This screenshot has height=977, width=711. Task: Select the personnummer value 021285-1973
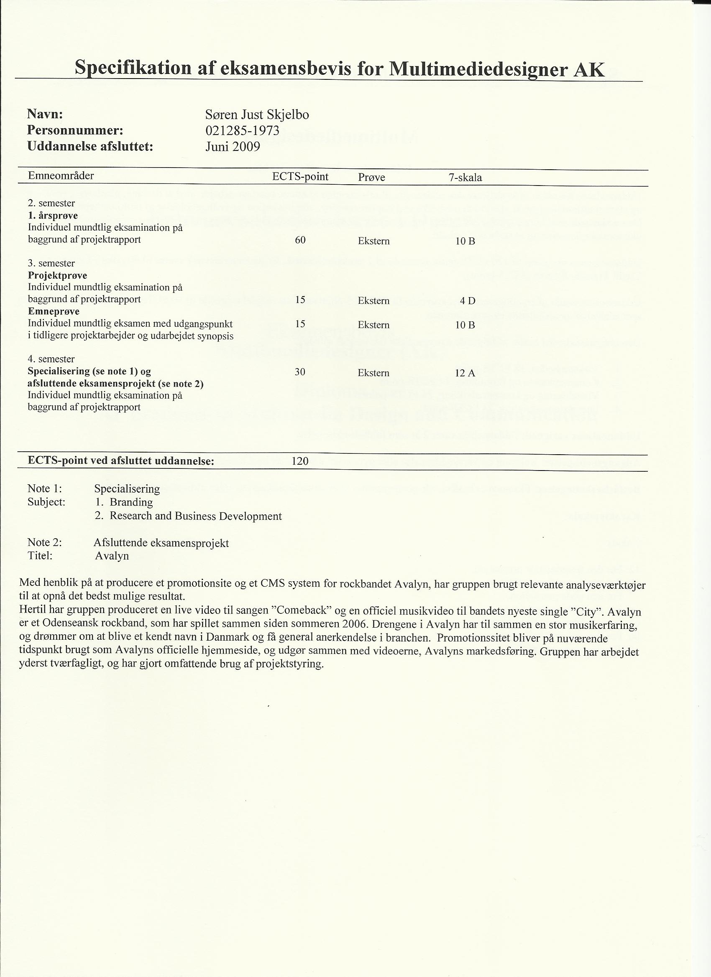242,130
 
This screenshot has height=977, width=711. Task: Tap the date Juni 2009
233,147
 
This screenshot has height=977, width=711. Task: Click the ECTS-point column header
300,177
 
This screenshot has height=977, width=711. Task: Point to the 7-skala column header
465,178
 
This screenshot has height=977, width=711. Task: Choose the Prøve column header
371,178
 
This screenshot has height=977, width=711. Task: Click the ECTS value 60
300,240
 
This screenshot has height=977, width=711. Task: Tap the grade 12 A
465,373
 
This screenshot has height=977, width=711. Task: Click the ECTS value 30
300,372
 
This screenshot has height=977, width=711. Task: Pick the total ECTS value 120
300,461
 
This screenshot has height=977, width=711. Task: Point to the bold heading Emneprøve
54,311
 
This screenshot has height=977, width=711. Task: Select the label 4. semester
51,359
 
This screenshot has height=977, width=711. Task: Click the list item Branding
131,502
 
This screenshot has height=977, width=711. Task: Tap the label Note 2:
45,542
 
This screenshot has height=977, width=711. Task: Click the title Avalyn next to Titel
112,556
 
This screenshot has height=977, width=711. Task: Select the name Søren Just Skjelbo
257,114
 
